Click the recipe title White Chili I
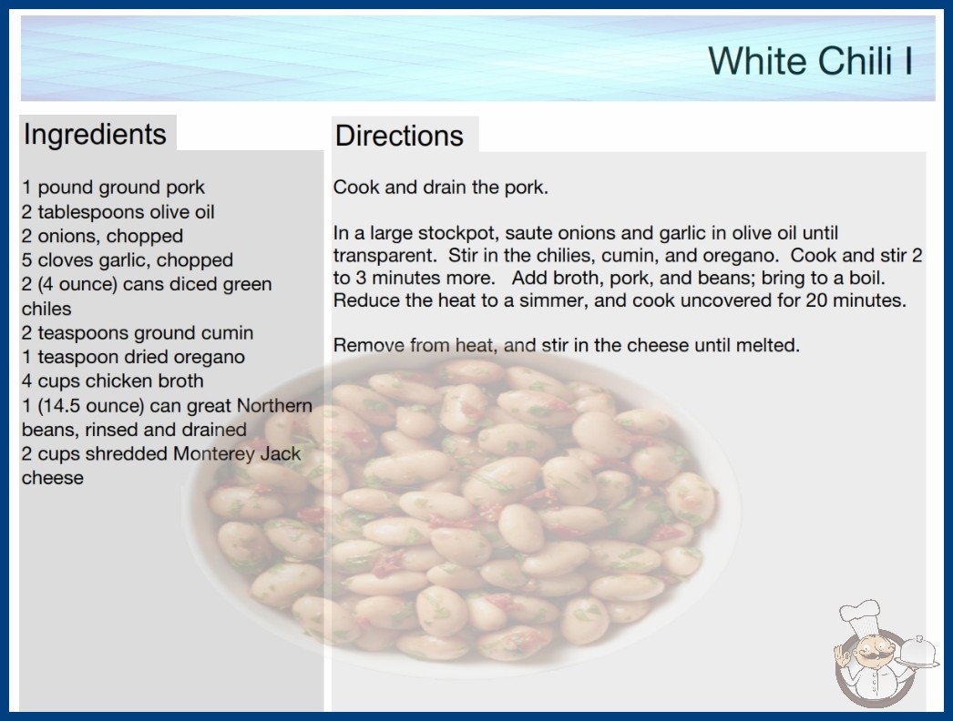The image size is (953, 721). point(810,61)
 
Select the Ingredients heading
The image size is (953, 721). point(95,134)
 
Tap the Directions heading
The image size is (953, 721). point(399,136)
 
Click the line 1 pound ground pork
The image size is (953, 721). point(113,188)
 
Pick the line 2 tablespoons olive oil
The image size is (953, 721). point(118,212)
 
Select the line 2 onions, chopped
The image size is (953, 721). point(102,237)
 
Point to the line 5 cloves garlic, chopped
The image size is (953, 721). point(127,260)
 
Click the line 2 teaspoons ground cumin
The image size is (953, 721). point(138,333)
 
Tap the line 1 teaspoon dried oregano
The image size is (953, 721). point(133,357)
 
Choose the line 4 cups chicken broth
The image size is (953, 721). point(112,381)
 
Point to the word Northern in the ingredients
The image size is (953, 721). point(274,405)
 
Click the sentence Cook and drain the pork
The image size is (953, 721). point(441,188)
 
